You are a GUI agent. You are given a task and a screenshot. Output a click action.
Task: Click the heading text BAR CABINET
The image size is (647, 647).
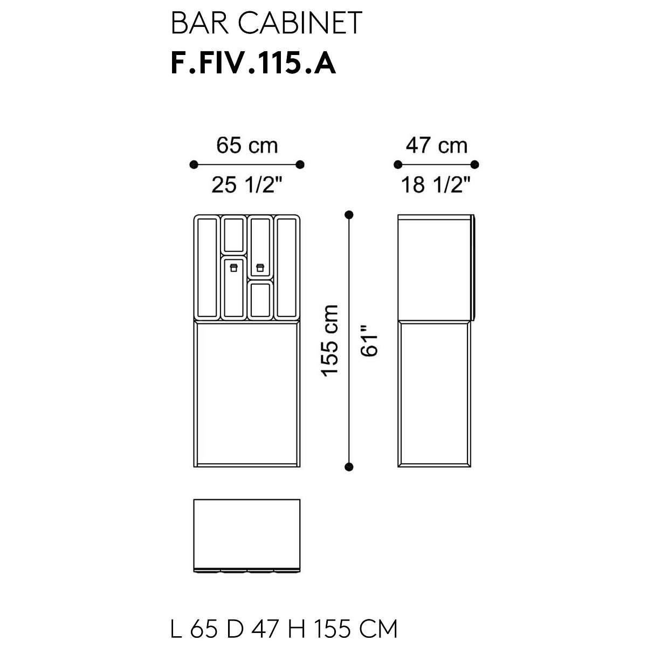point(266,24)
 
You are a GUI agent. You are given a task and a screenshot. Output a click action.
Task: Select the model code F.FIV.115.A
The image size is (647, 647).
point(253,64)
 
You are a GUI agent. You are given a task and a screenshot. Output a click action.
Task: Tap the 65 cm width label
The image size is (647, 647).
point(247,146)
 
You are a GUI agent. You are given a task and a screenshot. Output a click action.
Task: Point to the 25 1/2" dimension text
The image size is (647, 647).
point(247,185)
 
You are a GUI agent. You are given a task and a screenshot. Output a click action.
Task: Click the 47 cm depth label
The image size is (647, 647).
point(436,146)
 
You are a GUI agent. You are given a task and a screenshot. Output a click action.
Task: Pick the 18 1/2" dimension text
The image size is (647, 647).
point(436,185)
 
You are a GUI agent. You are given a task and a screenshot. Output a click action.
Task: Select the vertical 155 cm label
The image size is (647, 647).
point(330,340)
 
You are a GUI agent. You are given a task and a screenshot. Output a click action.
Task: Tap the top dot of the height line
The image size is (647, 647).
point(349,215)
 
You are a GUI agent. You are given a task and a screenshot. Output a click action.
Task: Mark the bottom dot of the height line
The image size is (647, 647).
point(349,466)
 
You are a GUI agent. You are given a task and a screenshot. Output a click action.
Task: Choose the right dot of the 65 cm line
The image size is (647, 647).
point(300,164)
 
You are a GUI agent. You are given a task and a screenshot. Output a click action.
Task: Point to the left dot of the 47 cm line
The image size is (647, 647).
point(398,164)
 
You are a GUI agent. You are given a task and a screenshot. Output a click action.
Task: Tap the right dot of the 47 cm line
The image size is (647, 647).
point(475,164)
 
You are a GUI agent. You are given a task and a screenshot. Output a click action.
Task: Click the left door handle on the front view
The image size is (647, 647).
point(233,267)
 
